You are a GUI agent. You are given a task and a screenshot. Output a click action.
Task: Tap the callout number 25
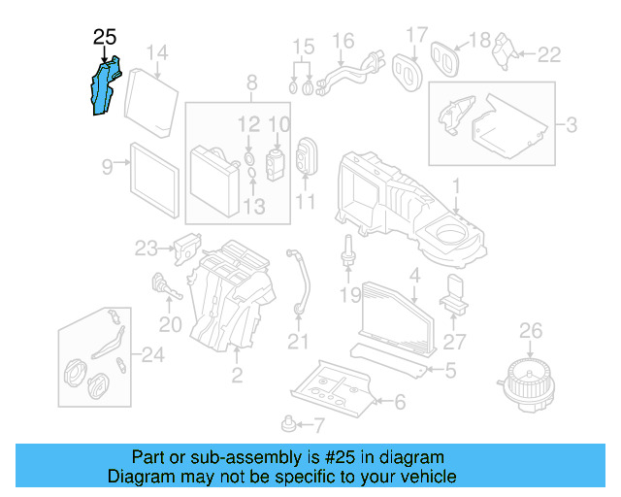105,38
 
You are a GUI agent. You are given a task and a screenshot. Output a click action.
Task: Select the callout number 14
157,52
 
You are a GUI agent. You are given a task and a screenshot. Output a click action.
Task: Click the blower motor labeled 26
530,374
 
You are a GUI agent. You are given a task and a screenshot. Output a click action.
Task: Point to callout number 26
531,332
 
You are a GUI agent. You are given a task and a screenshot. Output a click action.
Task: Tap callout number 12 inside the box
249,124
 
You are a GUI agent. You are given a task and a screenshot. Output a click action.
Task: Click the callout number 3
572,124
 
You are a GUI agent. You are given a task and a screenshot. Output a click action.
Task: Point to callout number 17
416,36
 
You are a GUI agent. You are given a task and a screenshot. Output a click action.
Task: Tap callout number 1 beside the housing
457,183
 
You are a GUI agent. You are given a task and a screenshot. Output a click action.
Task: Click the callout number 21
298,342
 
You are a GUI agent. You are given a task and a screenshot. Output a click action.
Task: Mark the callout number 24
154,355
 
